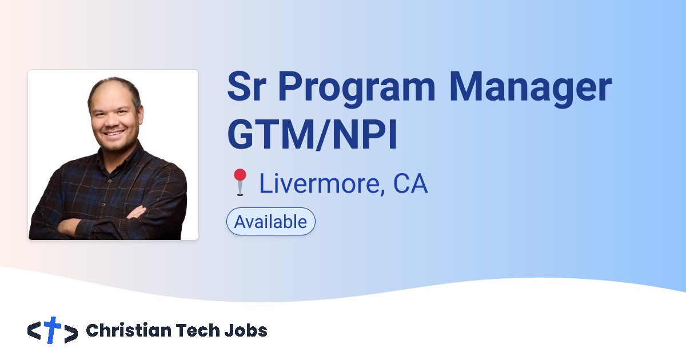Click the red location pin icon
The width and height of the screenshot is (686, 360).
240,182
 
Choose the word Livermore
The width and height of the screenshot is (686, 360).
317,183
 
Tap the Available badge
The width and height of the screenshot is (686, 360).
271,222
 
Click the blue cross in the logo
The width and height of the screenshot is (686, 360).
53,330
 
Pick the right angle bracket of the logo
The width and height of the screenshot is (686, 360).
71,332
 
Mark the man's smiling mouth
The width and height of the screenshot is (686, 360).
114,133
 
